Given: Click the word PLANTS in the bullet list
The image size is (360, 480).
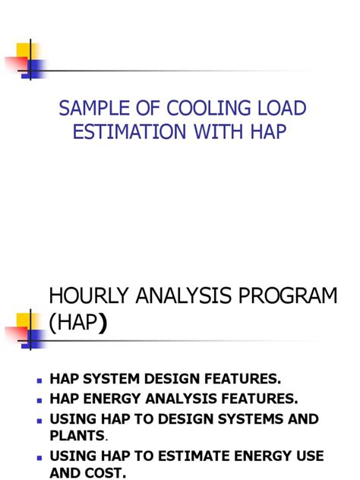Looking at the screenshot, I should [x=77, y=435].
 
